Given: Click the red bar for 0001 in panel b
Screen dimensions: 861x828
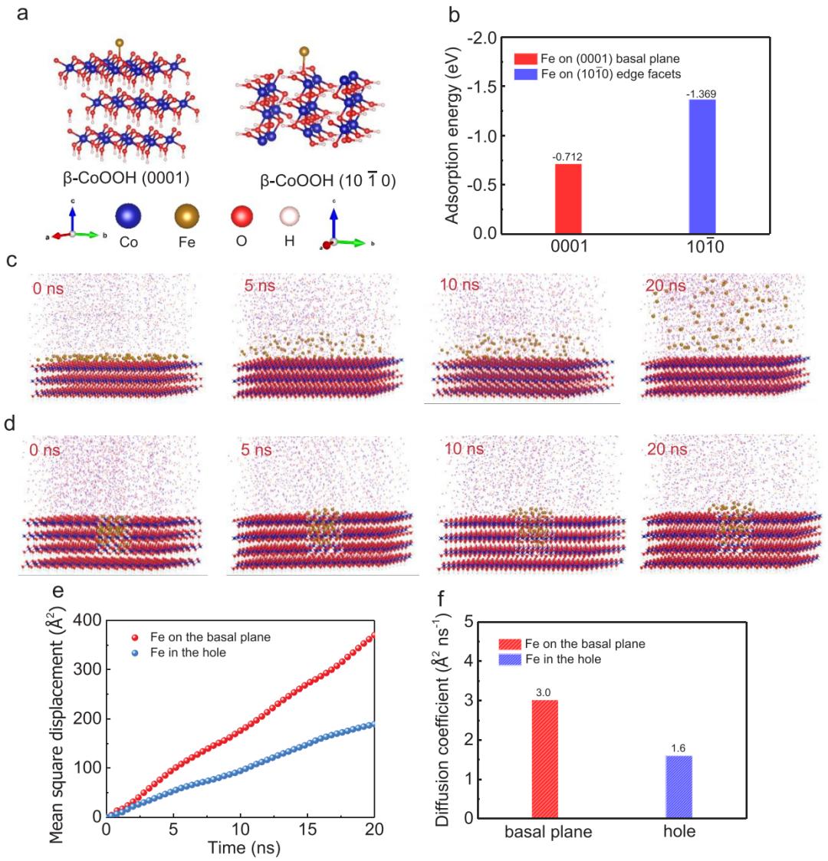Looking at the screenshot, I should [x=567, y=198].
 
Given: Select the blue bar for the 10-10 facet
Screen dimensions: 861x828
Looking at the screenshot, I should [x=702, y=166].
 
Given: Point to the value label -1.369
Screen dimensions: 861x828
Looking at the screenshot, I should [x=702, y=94].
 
